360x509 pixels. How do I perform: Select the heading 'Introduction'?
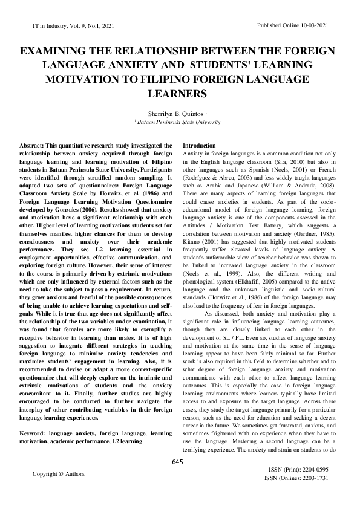[x=198, y=146]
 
